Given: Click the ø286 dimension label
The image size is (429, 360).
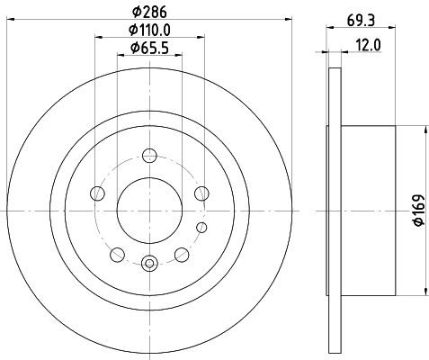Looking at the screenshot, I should pyautogui.click(x=149, y=13).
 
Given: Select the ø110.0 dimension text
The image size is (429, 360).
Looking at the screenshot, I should pyautogui.click(x=149, y=31).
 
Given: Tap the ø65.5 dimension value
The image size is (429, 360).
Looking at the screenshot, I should pyautogui.click(x=149, y=48).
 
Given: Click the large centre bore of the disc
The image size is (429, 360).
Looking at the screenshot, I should pyautogui.click(x=149, y=210).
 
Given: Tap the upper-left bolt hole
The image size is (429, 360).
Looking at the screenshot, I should pyautogui.click(x=97, y=193).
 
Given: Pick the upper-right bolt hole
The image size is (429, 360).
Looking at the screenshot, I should pyautogui.click(x=201, y=193).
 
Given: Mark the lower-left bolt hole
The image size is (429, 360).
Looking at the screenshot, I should pyautogui.click(x=118, y=254).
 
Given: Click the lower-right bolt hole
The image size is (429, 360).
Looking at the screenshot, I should pyautogui.click(x=182, y=254).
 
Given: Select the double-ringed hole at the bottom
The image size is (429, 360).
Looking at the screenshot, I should pyautogui.click(x=149, y=263).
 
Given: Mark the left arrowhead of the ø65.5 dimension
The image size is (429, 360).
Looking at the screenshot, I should pyautogui.click(x=121, y=57).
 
